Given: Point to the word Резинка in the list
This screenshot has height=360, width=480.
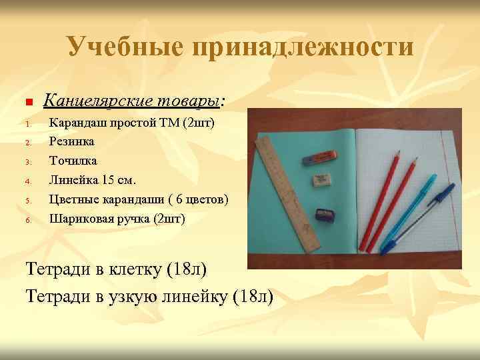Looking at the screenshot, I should click(72, 141).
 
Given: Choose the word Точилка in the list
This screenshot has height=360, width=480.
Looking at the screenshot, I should click(73, 161).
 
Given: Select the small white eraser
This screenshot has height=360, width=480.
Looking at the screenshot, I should click(321, 180).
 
